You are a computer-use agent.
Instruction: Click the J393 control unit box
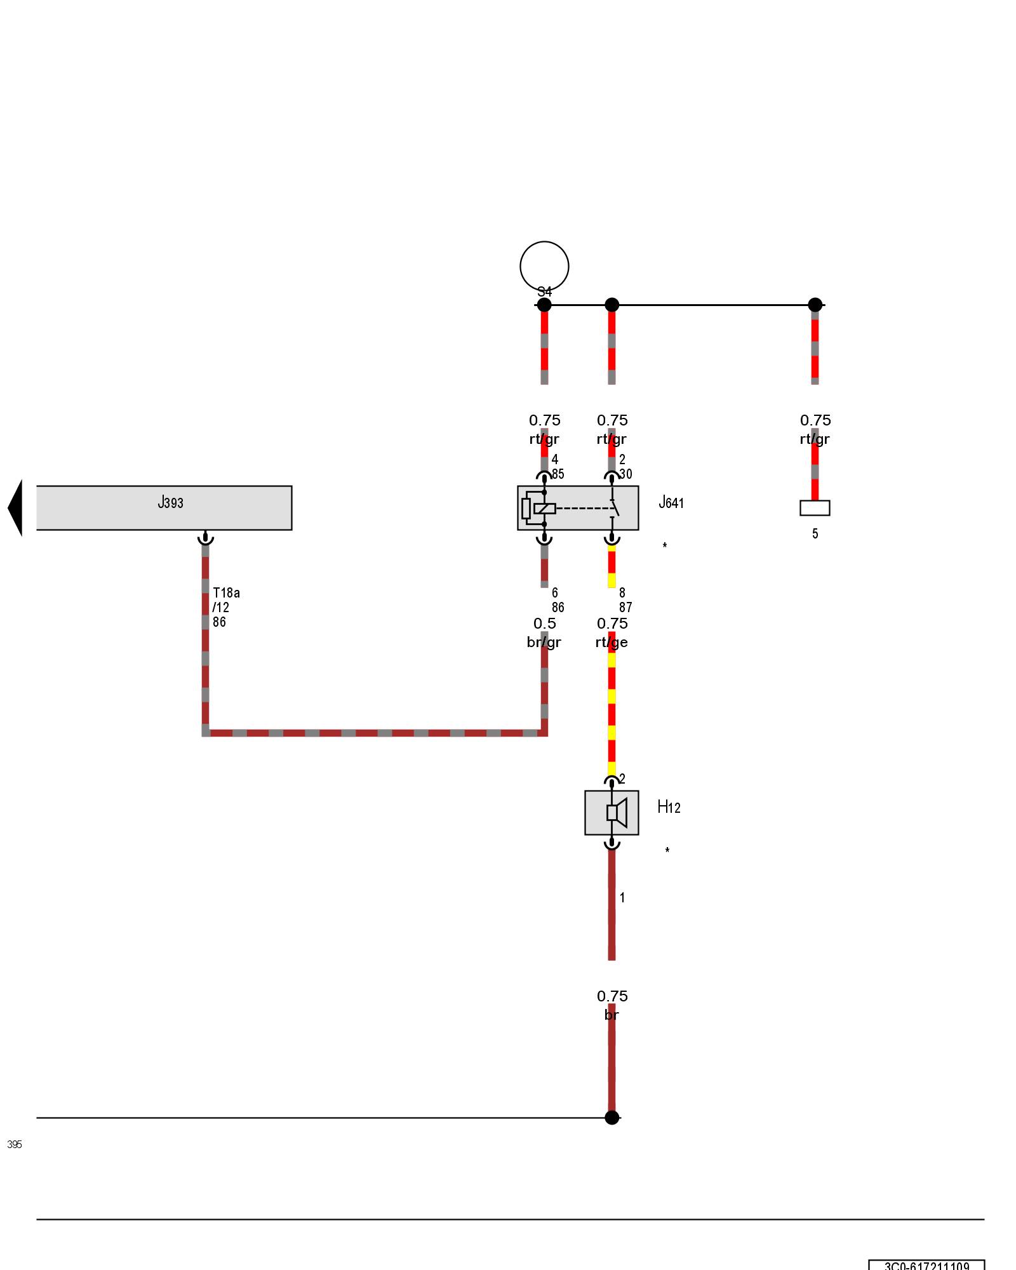pos(164,507)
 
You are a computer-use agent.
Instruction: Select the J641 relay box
pos(577,507)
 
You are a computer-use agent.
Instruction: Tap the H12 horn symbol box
pos(612,812)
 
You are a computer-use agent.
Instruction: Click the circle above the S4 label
pos(544,266)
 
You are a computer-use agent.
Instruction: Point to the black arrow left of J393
pos(15,507)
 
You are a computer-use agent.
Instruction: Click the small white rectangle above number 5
pos(815,507)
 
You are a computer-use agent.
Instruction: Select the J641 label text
pos(671,503)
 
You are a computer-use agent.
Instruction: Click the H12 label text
pos(669,807)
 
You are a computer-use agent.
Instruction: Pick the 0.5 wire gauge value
pos(544,624)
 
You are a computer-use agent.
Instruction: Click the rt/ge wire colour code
pos(612,642)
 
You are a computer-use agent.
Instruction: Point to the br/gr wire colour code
pos(544,642)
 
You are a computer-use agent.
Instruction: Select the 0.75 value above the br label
pos(612,996)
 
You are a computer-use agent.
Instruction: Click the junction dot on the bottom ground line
pos(612,1117)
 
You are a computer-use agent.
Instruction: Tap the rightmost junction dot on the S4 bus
pos(815,305)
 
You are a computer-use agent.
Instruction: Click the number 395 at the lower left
pos(15,1144)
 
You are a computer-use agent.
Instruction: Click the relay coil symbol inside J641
pos(544,508)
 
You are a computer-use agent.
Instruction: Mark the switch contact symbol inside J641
pos(613,507)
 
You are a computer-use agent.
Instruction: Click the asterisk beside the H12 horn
pos(667,850)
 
